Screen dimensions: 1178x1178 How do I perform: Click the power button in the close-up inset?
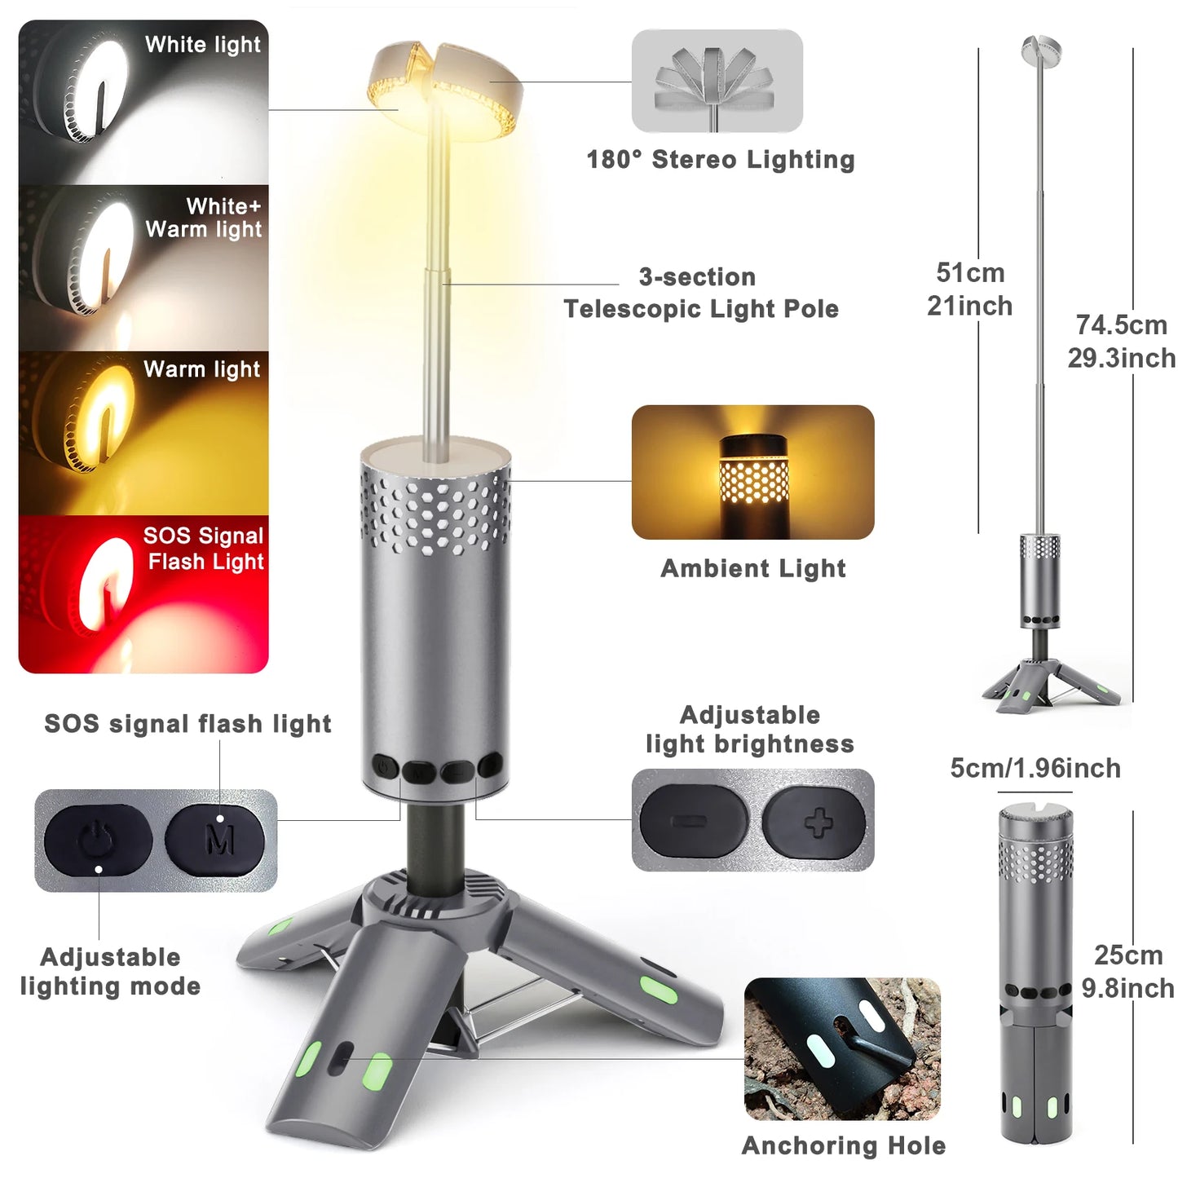[99, 840]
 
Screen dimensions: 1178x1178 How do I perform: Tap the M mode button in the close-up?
[214, 840]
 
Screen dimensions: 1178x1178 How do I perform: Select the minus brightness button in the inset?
[693, 821]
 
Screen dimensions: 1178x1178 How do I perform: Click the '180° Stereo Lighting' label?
[721, 160]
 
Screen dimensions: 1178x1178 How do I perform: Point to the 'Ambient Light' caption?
[753, 568]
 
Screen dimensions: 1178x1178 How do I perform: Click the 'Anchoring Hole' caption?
[844, 1145]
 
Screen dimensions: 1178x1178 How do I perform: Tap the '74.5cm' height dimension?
[1122, 325]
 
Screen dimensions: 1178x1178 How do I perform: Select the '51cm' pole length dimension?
[970, 272]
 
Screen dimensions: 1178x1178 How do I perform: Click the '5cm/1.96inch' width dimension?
[1035, 768]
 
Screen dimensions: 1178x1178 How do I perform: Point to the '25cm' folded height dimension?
[1128, 955]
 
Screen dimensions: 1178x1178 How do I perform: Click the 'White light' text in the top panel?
[203, 45]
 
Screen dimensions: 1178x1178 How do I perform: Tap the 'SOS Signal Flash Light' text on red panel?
[204, 549]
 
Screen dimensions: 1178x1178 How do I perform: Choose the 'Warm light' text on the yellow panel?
[202, 369]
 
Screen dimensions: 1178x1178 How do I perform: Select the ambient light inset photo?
[752, 472]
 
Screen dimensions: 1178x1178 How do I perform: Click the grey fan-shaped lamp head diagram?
[717, 81]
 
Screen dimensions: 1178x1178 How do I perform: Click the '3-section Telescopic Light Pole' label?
[700, 293]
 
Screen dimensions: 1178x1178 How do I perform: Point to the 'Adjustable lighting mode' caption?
[111, 972]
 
